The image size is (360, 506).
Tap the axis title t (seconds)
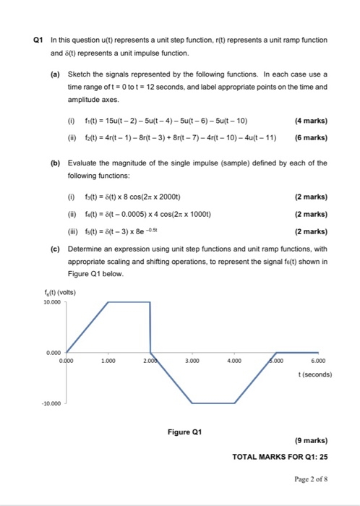click(x=314, y=375)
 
